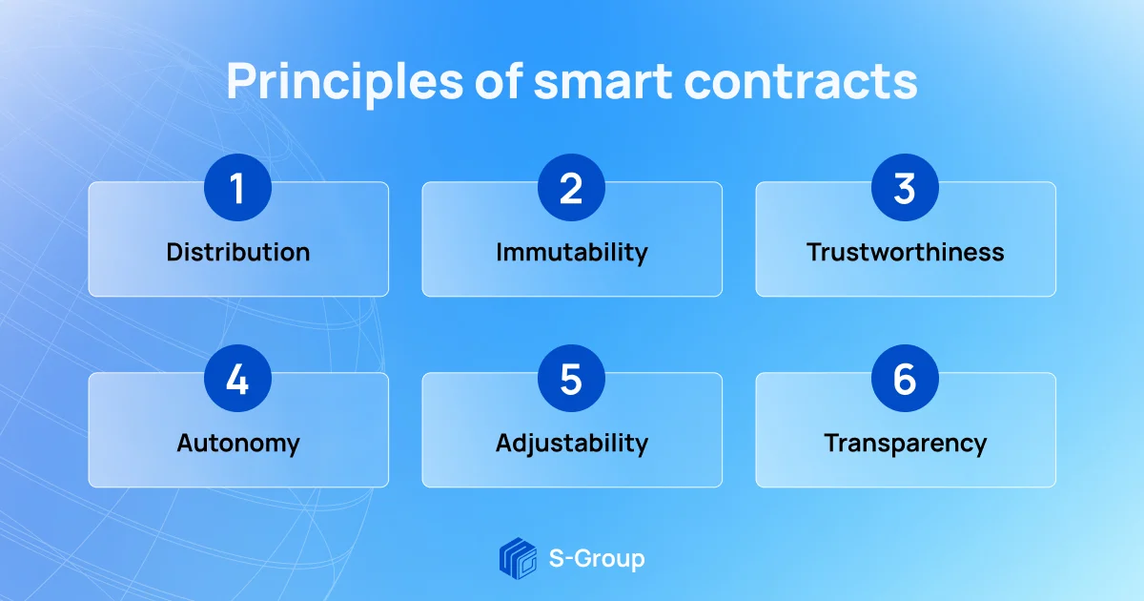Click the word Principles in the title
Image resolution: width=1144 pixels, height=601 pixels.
click(x=345, y=82)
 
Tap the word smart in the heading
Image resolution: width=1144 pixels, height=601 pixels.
click(x=603, y=82)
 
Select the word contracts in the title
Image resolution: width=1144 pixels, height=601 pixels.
click(x=801, y=82)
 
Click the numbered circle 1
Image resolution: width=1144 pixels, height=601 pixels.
click(x=237, y=188)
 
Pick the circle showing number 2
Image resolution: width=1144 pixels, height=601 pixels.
click(x=571, y=188)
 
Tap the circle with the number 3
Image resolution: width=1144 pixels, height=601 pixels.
click(x=905, y=188)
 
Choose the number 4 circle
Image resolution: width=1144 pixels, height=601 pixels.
click(x=237, y=378)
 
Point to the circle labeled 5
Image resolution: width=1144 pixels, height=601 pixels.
click(x=571, y=378)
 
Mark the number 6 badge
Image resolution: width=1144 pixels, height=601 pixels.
click(x=905, y=378)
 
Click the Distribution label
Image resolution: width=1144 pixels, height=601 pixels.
click(x=238, y=252)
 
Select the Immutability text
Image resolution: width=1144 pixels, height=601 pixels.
click(x=572, y=253)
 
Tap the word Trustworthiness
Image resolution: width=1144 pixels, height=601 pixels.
click(x=906, y=252)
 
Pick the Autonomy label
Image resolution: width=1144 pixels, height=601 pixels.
click(x=238, y=444)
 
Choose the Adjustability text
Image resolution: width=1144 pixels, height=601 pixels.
click(x=572, y=444)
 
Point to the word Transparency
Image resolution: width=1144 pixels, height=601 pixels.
click(x=906, y=444)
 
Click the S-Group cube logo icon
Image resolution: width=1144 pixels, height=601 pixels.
click(x=518, y=558)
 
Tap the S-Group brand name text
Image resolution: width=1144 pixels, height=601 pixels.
click(x=597, y=559)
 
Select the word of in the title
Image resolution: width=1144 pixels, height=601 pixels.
click(x=499, y=81)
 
